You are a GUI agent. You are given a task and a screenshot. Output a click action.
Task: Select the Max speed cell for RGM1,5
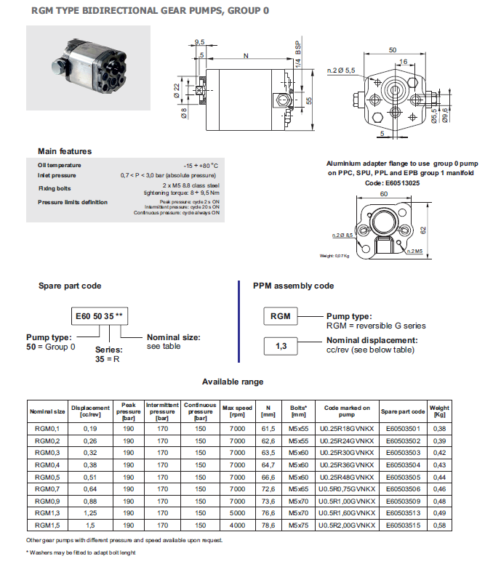[237, 524]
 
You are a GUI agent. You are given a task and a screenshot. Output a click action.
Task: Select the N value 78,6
[268, 524]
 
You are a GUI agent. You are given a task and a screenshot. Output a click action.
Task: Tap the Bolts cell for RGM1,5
[298, 524]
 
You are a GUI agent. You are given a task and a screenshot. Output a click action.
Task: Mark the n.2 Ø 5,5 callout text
[341, 70]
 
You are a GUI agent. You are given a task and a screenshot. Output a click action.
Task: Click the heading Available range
[233, 382]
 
